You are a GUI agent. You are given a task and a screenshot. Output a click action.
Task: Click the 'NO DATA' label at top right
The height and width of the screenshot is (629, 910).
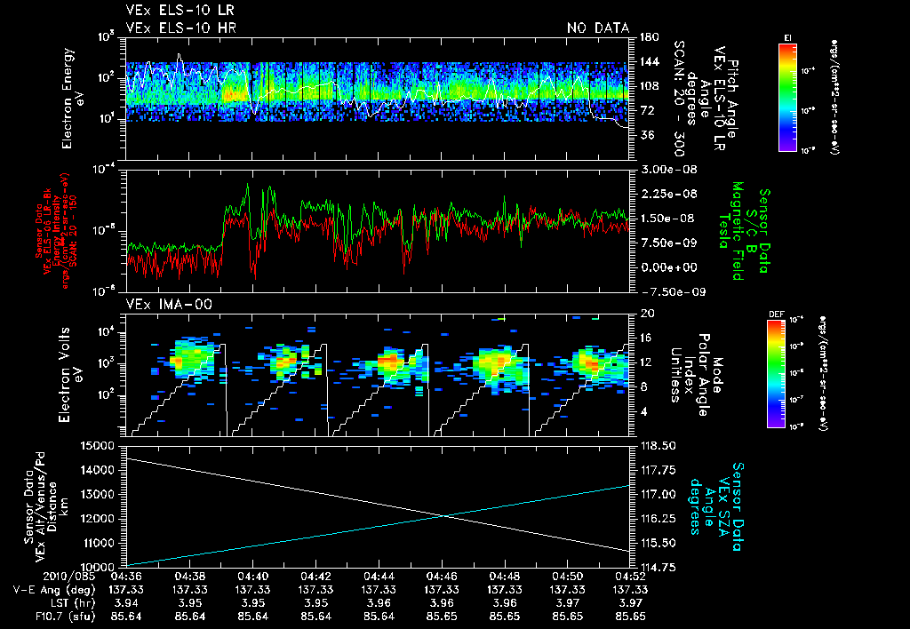597,28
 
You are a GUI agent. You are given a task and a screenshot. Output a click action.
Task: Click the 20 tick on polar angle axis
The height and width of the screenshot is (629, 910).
646,313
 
